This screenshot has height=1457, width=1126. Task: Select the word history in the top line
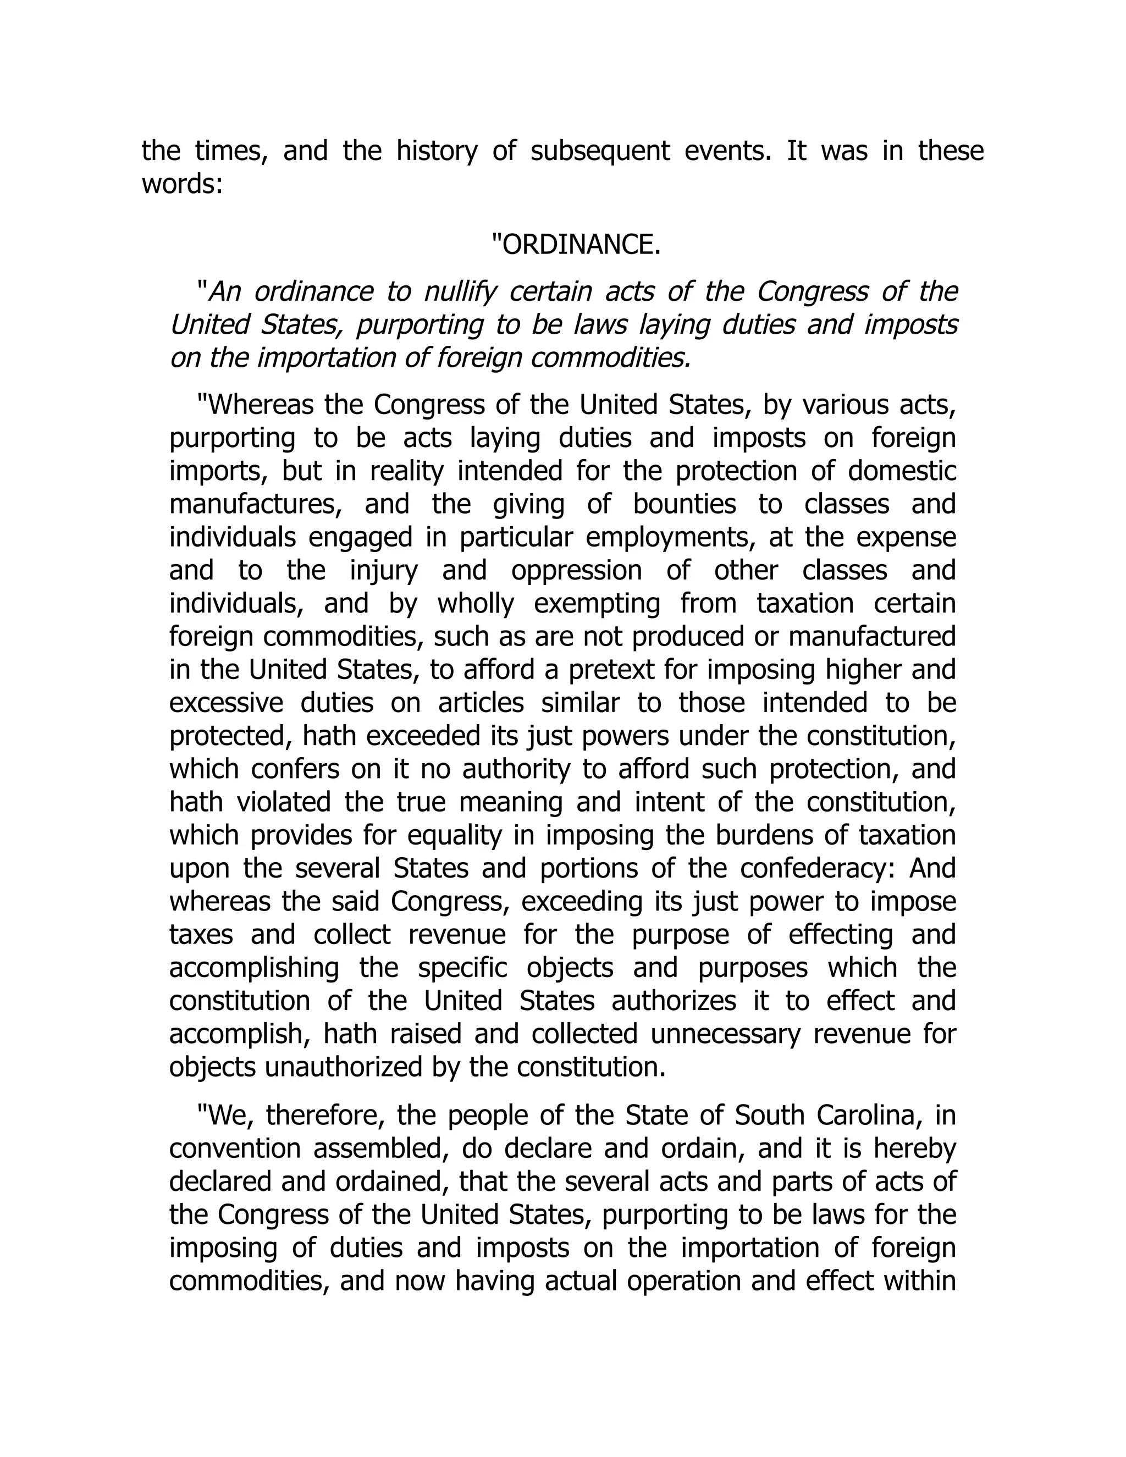click(x=437, y=151)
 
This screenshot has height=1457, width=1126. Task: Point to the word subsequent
click(x=600, y=151)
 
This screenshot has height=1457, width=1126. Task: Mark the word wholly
click(x=476, y=603)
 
